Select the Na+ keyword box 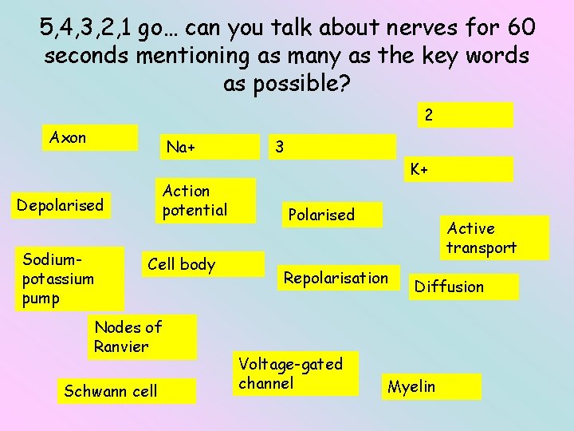tap(210, 147)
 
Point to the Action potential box tap(204, 200)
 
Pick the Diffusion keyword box tap(462, 287)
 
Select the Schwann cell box tap(126, 391)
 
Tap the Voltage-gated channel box tap(295, 374)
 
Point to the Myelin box tap(431, 387)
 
